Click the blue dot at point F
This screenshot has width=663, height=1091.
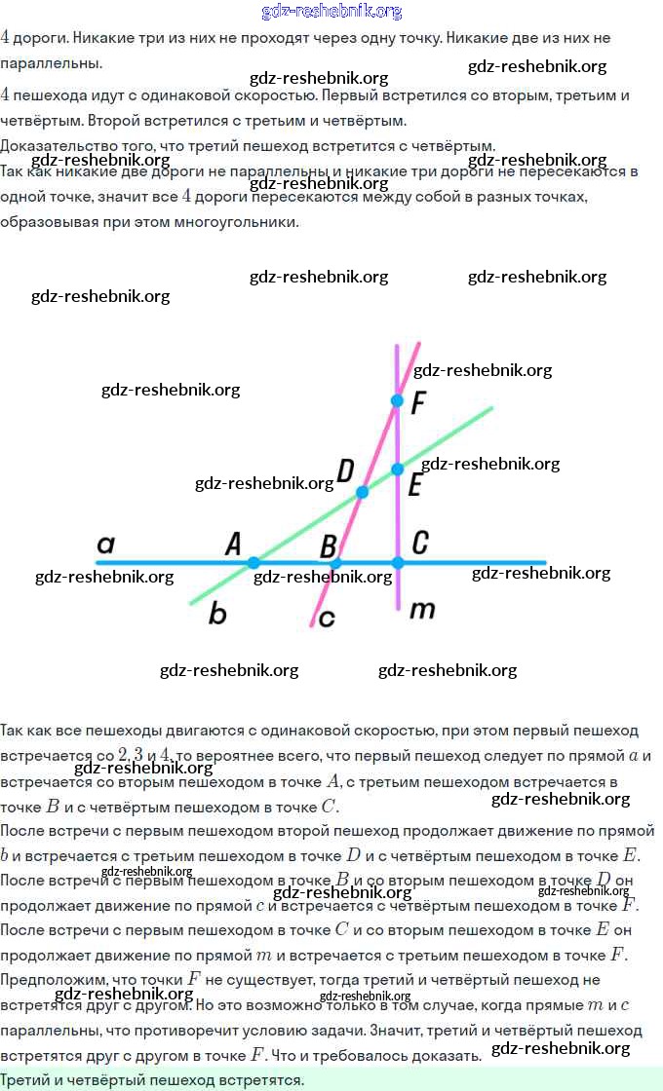coord(397,400)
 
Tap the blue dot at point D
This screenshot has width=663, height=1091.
coord(362,492)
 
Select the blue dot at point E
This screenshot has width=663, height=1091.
coord(397,470)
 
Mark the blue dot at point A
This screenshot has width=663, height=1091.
coord(253,562)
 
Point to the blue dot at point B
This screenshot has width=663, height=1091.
coord(335,563)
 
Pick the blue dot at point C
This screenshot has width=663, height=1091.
coord(397,562)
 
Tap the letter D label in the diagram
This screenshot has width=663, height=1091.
coord(344,471)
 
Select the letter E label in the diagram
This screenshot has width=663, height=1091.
coord(414,485)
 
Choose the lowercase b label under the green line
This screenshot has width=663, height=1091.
coord(217,613)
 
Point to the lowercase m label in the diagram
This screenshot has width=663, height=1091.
coord(421,611)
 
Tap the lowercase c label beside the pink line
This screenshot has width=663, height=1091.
coord(327,618)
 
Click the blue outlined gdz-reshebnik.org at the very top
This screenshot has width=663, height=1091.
coord(331,12)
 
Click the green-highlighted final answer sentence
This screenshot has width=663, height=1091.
coord(152,1080)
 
